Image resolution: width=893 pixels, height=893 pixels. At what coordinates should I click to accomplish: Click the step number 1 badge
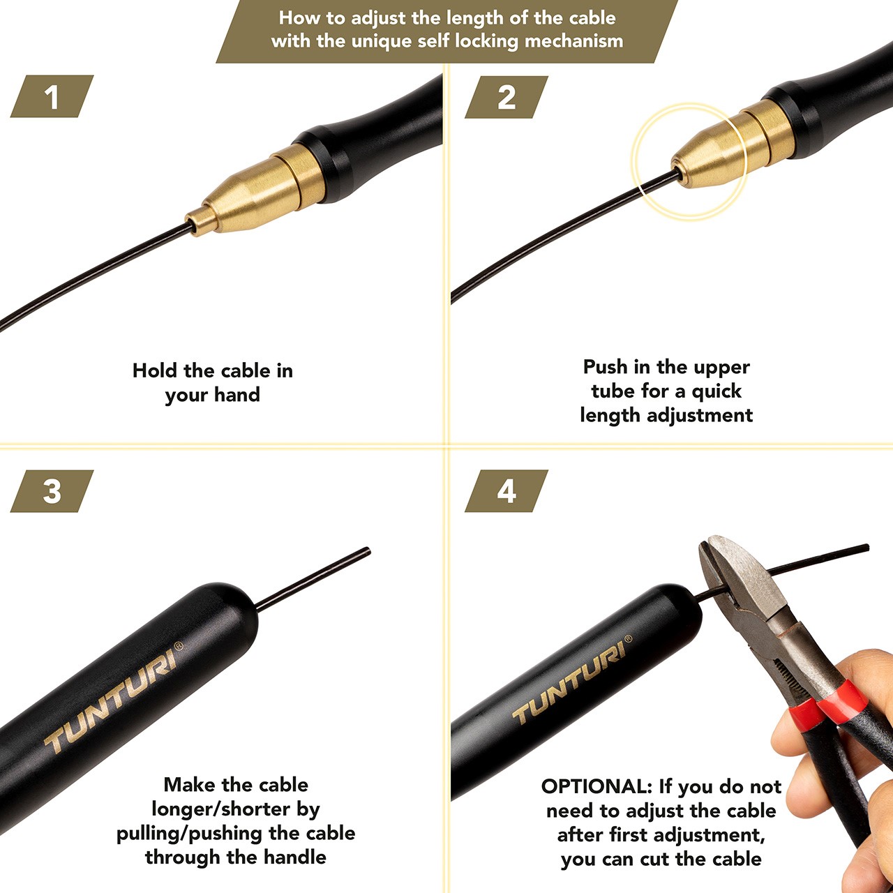point(52,96)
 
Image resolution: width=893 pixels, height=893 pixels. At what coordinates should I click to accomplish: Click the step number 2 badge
point(506,97)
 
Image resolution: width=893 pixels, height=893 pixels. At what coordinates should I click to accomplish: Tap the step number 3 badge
point(52,491)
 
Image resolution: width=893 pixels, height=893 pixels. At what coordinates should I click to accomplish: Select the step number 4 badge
point(506,490)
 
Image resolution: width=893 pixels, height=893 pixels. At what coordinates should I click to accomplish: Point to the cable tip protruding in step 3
point(313,579)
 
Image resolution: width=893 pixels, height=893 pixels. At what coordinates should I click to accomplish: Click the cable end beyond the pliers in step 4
point(818,559)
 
